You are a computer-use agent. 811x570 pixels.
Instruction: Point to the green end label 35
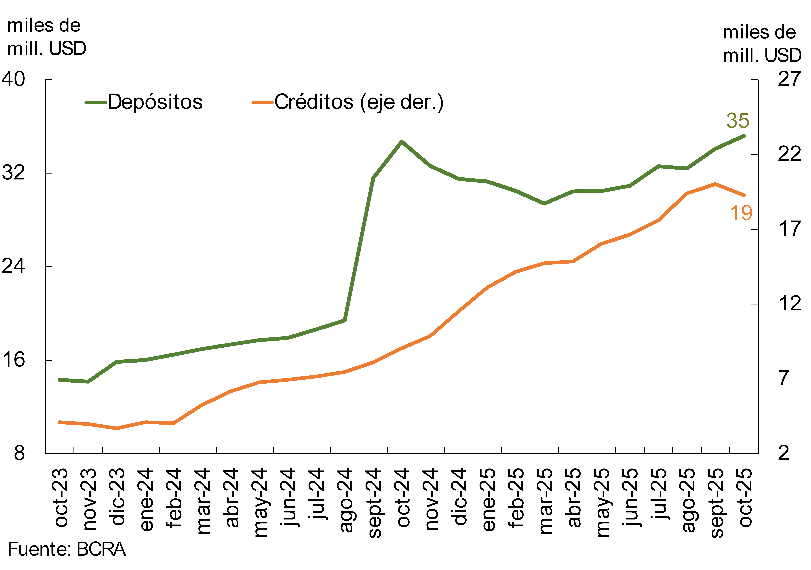737,121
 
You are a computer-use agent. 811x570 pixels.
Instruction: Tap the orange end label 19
741,213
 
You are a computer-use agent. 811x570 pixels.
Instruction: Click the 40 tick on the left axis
13,79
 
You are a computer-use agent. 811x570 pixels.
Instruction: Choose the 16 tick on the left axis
13,360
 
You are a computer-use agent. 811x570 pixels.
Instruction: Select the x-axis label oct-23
61,498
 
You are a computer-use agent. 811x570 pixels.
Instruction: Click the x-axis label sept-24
374,503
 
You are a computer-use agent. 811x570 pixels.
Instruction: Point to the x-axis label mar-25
546,501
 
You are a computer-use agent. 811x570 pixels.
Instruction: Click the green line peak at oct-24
402,141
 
